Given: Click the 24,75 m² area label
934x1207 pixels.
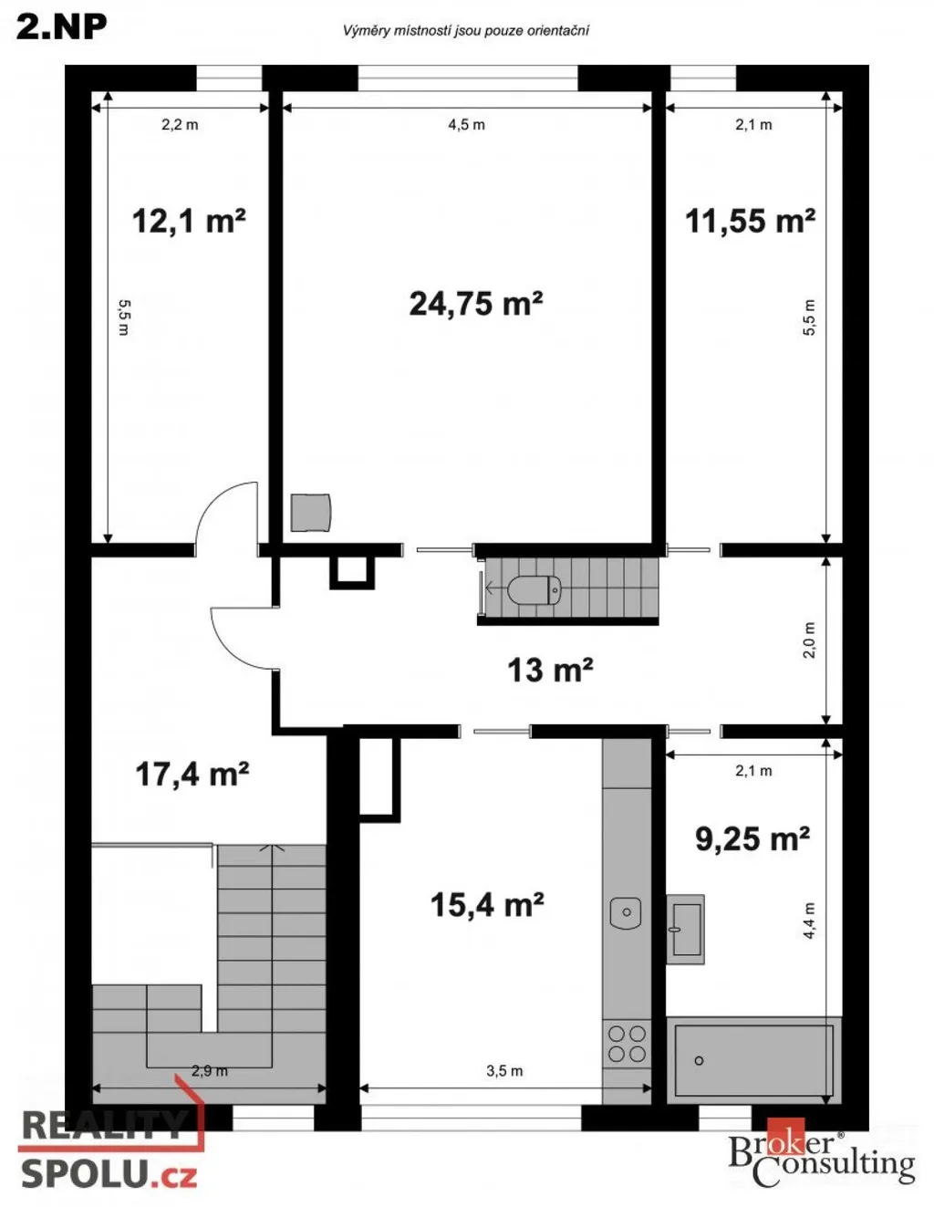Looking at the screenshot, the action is click(x=475, y=304).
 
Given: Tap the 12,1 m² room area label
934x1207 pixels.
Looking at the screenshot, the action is click(x=189, y=221).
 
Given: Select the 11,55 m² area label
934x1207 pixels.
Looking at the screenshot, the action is click(x=750, y=221).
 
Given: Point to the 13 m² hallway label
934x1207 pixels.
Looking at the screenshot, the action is click(x=550, y=670).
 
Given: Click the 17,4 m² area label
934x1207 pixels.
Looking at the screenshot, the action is click(x=192, y=774).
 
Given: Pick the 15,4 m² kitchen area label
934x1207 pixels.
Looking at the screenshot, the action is click(x=487, y=904).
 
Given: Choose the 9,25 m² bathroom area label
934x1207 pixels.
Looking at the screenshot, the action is click(x=752, y=838).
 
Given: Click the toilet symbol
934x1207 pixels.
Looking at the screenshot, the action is click(x=534, y=589).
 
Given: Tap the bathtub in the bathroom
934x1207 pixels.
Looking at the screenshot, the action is click(x=753, y=1060).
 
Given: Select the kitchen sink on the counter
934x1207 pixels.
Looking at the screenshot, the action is click(x=626, y=912).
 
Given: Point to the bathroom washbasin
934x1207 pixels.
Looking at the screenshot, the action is click(x=685, y=929).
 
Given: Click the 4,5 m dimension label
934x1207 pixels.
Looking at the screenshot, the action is click(x=466, y=124).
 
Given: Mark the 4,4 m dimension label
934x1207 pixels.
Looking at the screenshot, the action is click(x=810, y=921).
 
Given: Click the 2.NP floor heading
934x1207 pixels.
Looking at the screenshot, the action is click(x=61, y=26).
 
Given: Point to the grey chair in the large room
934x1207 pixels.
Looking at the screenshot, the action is click(x=311, y=513).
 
